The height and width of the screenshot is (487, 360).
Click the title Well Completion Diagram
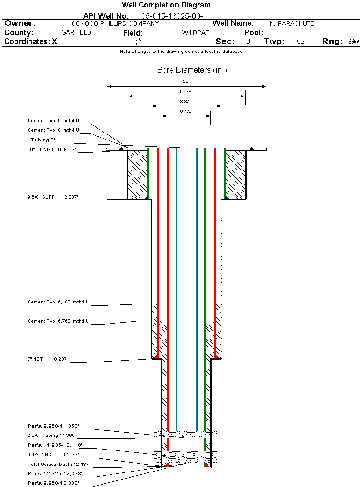166,5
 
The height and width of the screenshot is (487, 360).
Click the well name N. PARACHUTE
292,23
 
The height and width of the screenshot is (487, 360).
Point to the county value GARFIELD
76,33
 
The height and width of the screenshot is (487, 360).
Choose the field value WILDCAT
195,33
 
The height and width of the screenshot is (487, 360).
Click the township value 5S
301,42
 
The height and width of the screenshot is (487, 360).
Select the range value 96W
353,42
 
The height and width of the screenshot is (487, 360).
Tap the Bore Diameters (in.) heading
192,70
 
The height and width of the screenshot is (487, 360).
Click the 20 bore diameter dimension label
186,81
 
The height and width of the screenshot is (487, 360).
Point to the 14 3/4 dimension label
186,91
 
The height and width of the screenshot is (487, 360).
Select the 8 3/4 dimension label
186,101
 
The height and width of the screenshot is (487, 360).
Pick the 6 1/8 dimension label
186,111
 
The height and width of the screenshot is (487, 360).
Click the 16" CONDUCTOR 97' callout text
51,150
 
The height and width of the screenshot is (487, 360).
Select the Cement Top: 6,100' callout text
58,302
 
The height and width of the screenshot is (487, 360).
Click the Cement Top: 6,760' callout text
58,321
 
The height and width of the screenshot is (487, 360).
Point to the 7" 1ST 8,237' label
48,359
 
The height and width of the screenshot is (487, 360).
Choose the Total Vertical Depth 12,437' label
59,465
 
